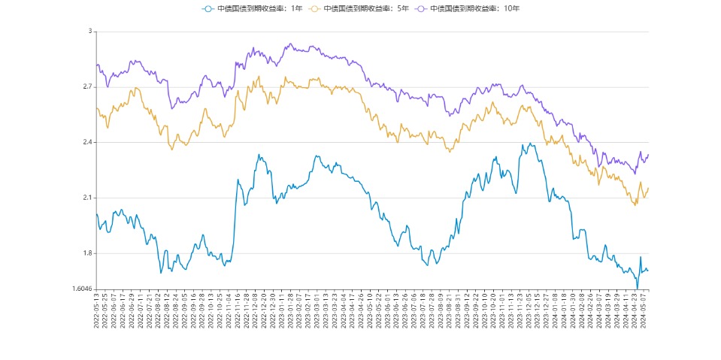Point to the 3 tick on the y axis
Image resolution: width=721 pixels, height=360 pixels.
(89, 32)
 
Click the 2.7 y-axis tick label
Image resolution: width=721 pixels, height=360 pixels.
(86, 87)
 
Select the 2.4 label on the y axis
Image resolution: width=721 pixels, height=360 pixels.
(86, 143)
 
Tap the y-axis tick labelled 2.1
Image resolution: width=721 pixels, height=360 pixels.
(86, 198)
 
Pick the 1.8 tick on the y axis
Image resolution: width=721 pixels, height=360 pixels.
(86, 253)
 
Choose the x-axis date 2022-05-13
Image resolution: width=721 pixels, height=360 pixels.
(97, 310)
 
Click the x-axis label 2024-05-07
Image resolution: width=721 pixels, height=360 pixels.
(645, 310)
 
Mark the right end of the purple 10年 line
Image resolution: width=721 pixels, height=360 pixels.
(648, 155)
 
